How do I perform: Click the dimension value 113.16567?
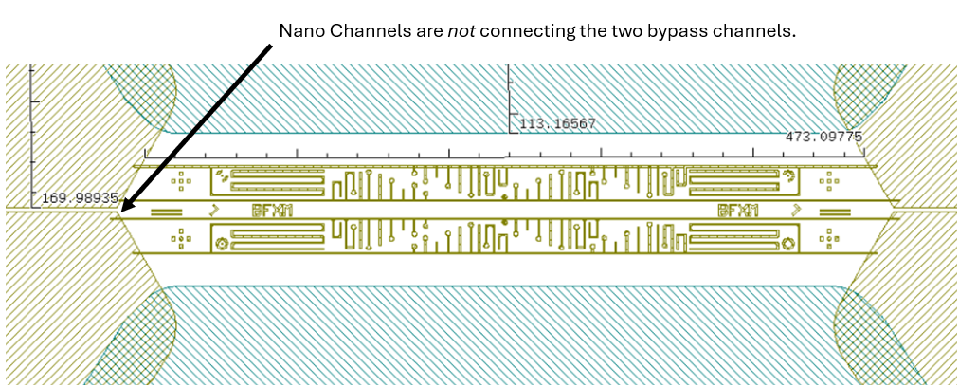(557, 123)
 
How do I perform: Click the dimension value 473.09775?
(823, 137)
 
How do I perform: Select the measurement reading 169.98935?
(80, 198)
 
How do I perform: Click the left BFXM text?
(273, 210)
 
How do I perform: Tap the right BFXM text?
(738, 210)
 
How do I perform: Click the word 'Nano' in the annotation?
(300, 31)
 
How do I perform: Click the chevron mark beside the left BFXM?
(215, 210)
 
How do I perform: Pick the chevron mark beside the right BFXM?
(797, 210)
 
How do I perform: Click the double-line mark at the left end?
(167, 211)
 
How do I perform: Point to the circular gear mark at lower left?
(222, 244)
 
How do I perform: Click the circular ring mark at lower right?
(788, 244)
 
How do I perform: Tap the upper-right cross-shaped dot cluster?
(831, 179)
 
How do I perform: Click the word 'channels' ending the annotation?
(758, 31)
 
